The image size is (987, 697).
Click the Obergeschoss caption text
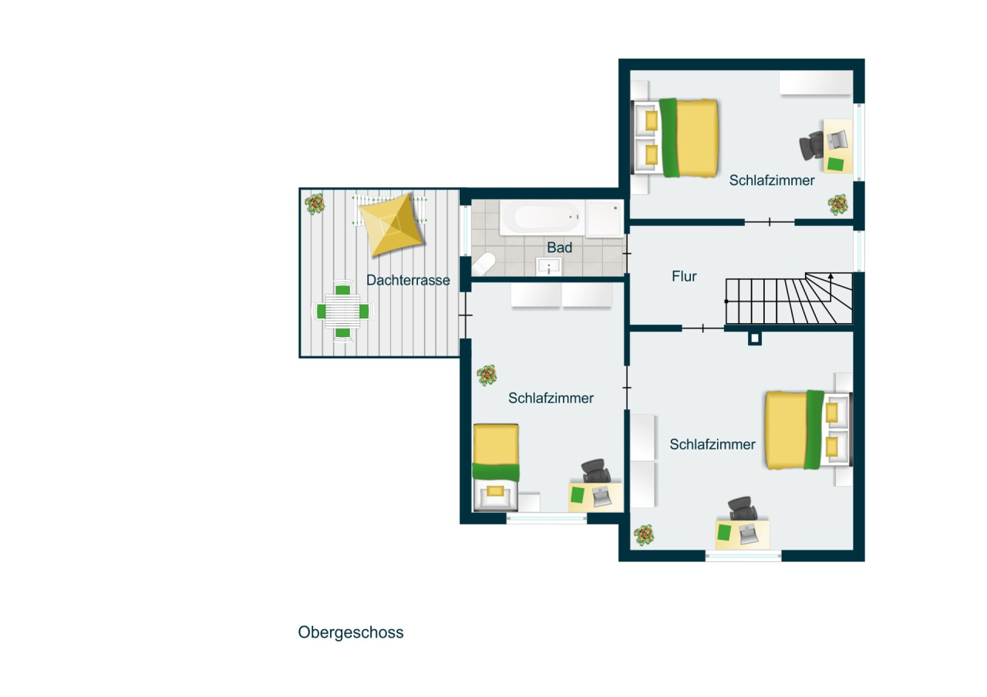[x=351, y=633]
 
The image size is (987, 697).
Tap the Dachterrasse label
[x=408, y=281]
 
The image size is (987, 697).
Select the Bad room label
[x=560, y=247]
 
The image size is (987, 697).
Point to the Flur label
[x=684, y=276]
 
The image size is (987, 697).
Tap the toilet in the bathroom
[x=483, y=264]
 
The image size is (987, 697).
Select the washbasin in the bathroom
[x=549, y=267]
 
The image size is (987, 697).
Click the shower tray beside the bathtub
[x=604, y=219]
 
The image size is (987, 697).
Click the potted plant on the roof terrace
[x=315, y=204]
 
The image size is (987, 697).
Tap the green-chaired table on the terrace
[x=342, y=311]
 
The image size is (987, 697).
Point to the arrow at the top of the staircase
[x=830, y=275]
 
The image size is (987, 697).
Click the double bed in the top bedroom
[x=679, y=137]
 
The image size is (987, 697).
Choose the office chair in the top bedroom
[x=813, y=145]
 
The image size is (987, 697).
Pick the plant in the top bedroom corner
[x=838, y=204]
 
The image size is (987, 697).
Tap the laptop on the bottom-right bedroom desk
[x=747, y=534]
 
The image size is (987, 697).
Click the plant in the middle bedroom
[x=487, y=375]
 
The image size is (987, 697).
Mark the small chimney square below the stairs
[x=754, y=338]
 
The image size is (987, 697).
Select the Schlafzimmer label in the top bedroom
[x=772, y=180]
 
